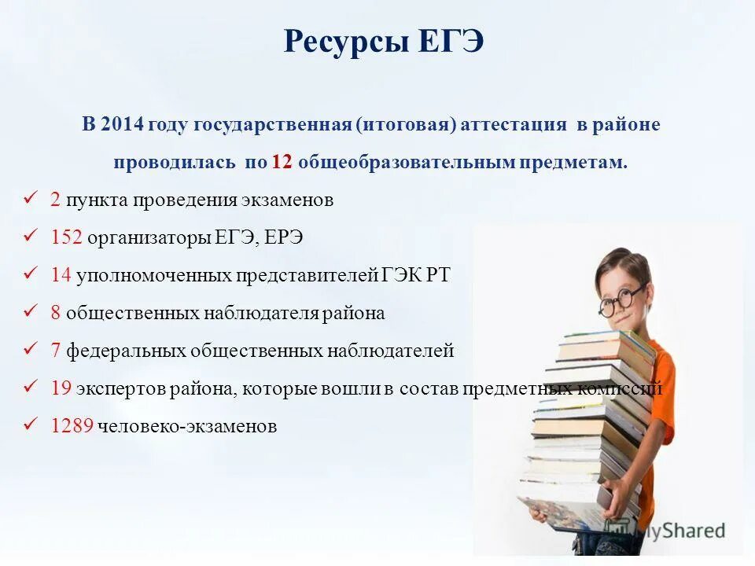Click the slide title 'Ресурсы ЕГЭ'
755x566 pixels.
pos(383,41)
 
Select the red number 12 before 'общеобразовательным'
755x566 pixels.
pos(282,163)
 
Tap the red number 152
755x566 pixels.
pos(66,237)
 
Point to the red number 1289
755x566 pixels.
pos(72,426)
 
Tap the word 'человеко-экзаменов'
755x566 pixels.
pos(187,426)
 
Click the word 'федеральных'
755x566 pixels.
pos(115,351)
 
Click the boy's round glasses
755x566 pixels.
pos(621,300)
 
